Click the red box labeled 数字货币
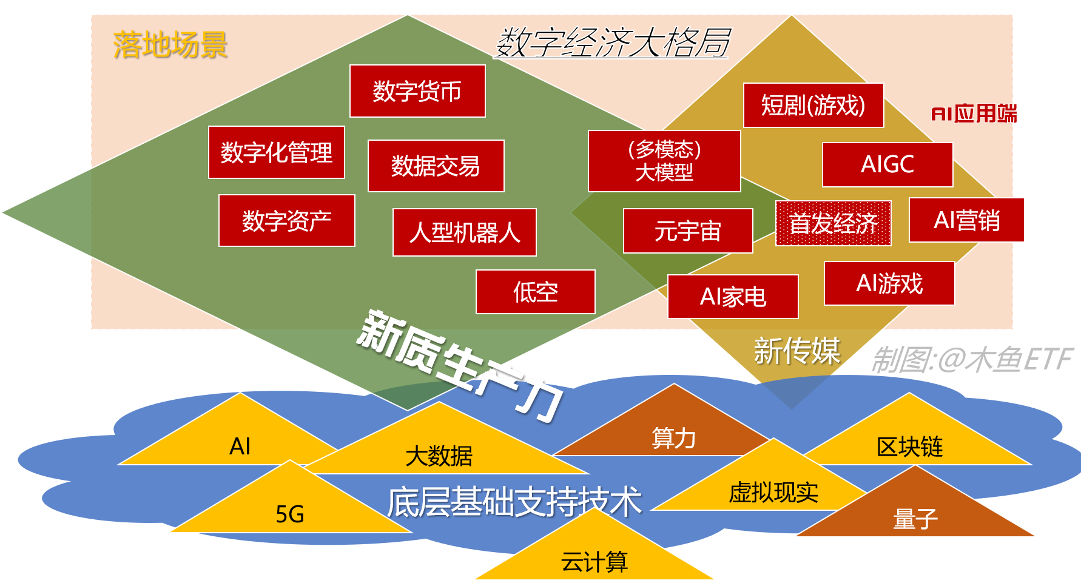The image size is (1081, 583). point(417,91)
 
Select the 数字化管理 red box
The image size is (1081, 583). point(277,152)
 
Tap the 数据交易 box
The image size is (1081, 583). point(436,166)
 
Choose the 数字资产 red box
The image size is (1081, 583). point(286,221)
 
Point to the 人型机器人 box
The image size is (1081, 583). point(464,232)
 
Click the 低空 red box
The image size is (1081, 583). point(535,292)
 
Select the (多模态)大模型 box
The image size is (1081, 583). point(664,161)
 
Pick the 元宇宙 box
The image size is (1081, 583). point(688,231)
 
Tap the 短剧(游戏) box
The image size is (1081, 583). point(813,106)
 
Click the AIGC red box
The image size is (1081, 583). point(887,164)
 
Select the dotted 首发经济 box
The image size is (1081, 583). point(833,223)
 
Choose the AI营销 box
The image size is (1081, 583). point(966,220)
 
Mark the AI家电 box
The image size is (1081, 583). point(733,297)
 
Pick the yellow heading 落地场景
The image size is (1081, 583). point(170,45)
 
